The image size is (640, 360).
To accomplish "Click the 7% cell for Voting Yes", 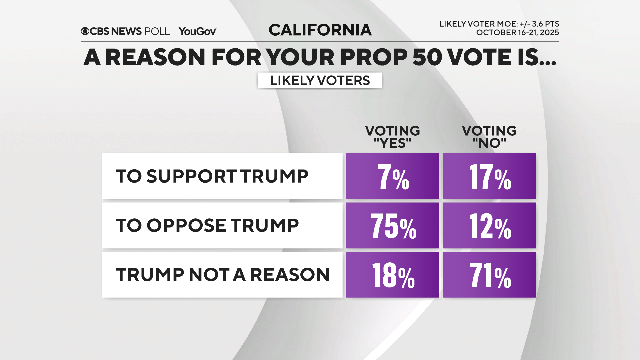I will pos(392,176).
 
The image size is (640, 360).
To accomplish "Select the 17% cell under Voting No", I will pos(489,176).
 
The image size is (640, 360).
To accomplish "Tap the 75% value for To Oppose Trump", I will pos(392,226).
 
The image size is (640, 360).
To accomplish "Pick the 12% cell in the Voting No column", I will pos(489,226).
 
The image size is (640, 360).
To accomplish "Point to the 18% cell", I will pos(392,275).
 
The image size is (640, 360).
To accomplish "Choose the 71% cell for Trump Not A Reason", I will pos(489,275).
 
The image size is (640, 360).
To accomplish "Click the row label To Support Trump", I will pos(212,176).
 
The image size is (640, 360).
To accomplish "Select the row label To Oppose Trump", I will pos(207,226).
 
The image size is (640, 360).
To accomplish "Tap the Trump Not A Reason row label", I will pos(222,275).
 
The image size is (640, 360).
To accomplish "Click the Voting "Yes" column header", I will pos(392,137).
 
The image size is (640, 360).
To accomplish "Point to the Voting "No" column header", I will pos(489,137).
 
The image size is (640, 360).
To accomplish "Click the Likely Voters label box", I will pos(320,81).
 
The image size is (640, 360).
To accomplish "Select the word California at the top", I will pos(320,30).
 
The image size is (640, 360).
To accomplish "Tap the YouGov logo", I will pos(198,31).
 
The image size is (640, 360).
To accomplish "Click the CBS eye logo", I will pos(85,31).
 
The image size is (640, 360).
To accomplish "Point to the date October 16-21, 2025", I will pos(517,33).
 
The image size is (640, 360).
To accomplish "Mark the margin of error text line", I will pos(499,24).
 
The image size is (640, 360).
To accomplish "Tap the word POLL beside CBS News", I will pos(157,31).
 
